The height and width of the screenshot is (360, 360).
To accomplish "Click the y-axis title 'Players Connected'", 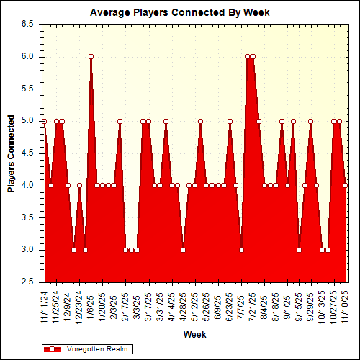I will [x=11, y=153].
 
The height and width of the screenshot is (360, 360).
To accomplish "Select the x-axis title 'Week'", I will [x=194, y=335].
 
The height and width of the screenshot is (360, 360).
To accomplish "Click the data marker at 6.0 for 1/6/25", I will [x=91, y=56].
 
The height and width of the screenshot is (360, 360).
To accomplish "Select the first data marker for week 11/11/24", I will [x=45, y=121].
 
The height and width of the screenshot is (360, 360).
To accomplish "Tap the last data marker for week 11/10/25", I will [x=346, y=185].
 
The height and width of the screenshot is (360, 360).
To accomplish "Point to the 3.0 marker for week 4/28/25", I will [x=184, y=250].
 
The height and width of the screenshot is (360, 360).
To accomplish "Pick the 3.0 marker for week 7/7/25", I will [x=241, y=250].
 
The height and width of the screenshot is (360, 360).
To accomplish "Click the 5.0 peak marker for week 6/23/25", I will [x=230, y=121].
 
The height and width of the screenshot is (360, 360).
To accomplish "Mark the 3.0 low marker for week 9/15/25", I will [x=299, y=250].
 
